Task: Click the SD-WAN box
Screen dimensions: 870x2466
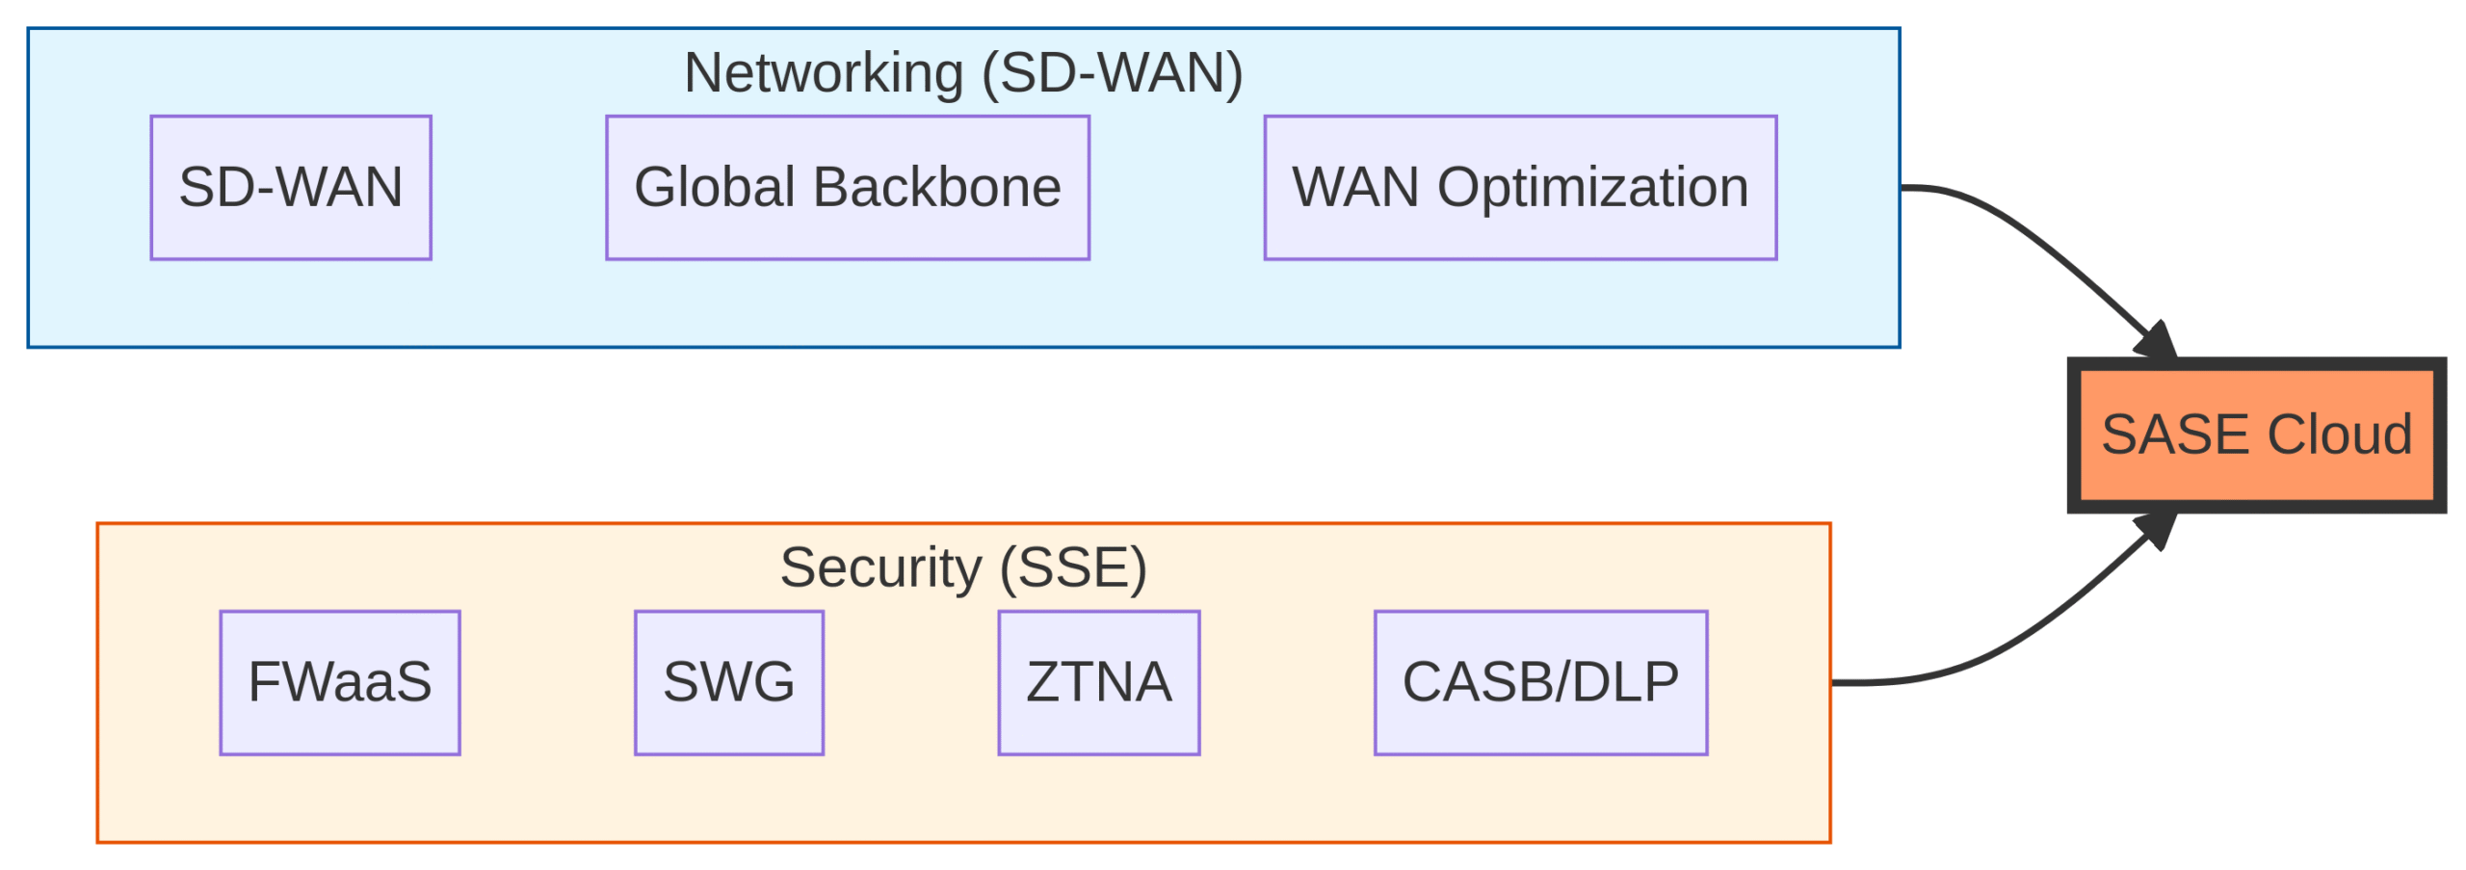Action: (x=290, y=187)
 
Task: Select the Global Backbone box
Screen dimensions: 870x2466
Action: (x=847, y=187)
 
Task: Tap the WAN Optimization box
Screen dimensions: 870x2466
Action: (x=1519, y=187)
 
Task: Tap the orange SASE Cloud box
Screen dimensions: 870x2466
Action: (x=2255, y=435)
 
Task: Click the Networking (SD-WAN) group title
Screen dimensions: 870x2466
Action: (x=962, y=73)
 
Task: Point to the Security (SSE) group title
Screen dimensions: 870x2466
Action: (x=962, y=567)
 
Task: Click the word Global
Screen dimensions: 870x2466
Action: (x=714, y=187)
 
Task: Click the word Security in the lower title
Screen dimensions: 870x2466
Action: (x=879, y=567)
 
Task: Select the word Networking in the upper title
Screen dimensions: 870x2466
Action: (x=824, y=73)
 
